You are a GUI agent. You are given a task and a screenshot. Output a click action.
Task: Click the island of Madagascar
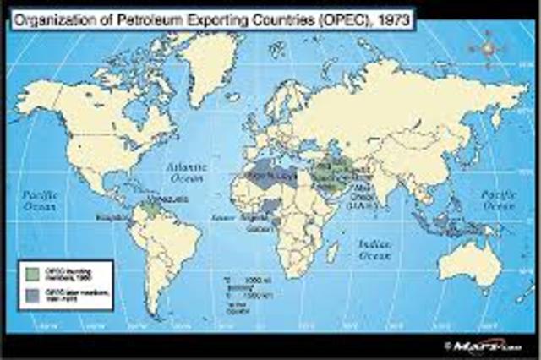335,251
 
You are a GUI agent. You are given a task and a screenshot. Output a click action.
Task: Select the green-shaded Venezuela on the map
152,206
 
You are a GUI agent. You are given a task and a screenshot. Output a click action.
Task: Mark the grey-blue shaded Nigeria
269,206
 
